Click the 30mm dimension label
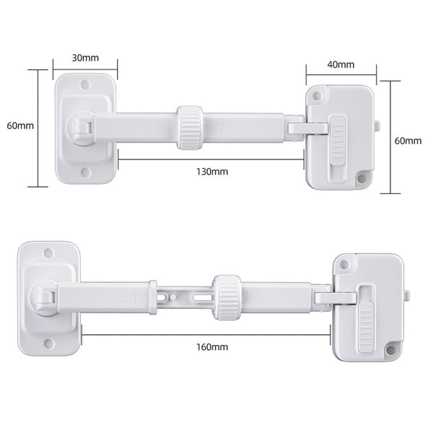(x=84, y=57)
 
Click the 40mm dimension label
(x=341, y=64)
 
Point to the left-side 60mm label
(x=20, y=125)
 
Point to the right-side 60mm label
(x=408, y=140)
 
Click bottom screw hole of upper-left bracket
(x=85, y=172)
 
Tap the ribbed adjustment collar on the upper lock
(x=190, y=128)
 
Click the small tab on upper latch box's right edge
(x=377, y=128)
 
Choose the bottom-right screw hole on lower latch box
(x=392, y=352)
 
